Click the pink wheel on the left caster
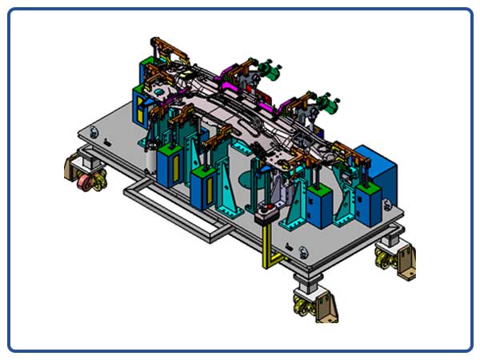pyautogui.click(x=83, y=186)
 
